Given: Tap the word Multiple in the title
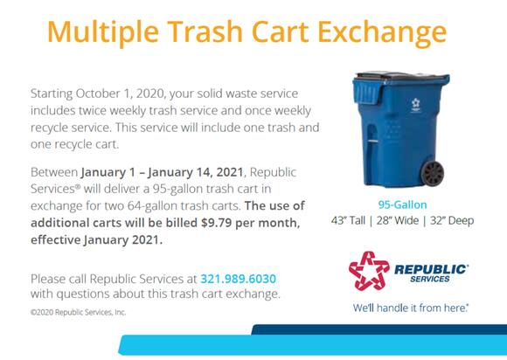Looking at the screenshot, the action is [x=103, y=32].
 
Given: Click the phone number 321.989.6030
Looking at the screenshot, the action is [x=239, y=279].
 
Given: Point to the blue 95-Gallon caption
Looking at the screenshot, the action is [x=403, y=204].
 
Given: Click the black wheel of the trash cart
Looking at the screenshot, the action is [x=433, y=173].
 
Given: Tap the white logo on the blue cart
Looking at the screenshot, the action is [x=415, y=105].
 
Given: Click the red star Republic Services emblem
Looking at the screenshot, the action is [x=369, y=271].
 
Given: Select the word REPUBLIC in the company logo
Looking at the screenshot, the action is [x=431, y=269].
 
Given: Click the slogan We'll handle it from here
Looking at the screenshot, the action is [x=411, y=308].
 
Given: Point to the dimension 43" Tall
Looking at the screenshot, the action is [x=348, y=220].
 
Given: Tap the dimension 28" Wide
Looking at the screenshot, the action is [x=398, y=220].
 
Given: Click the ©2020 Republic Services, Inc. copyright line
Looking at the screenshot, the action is [x=79, y=312].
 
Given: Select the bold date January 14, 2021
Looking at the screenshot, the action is [x=196, y=172].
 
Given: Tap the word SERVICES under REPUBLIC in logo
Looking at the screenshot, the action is [x=430, y=279].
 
